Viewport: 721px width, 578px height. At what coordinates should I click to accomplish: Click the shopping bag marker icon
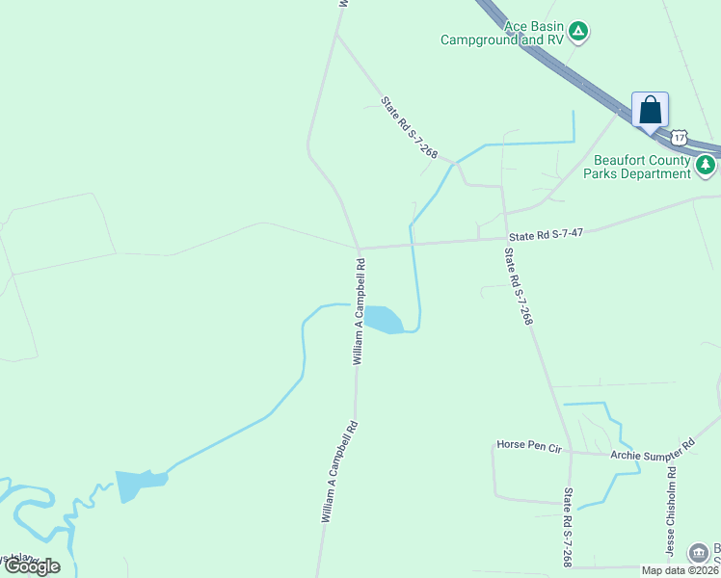pos(650,111)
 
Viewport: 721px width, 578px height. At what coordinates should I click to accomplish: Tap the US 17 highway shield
pos(680,139)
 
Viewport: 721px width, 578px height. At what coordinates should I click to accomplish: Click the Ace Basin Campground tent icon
pos(577,32)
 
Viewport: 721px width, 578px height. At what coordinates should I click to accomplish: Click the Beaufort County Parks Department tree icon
pos(707,166)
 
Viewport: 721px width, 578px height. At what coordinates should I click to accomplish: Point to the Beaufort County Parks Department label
pos(642,167)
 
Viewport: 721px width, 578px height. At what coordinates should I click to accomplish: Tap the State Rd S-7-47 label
pos(547,234)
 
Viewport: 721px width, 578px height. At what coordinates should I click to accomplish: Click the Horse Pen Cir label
pos(528,445)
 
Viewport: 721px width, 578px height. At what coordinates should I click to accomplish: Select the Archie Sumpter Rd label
pos(653,449)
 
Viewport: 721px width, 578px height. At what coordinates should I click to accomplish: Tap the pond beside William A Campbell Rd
pos(382,319)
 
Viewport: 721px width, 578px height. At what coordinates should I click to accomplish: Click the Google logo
pos(32,566)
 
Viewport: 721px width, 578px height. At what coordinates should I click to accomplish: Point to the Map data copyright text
pos(681,570)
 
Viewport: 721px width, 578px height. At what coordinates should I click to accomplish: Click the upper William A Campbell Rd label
pos(360,319)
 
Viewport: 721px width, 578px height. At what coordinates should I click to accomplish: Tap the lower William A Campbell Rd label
pos(340,472)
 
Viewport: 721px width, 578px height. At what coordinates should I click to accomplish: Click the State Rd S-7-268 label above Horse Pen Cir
pos(519,286)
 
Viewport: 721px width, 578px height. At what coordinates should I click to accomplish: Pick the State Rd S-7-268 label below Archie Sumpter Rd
pos(568,527)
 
